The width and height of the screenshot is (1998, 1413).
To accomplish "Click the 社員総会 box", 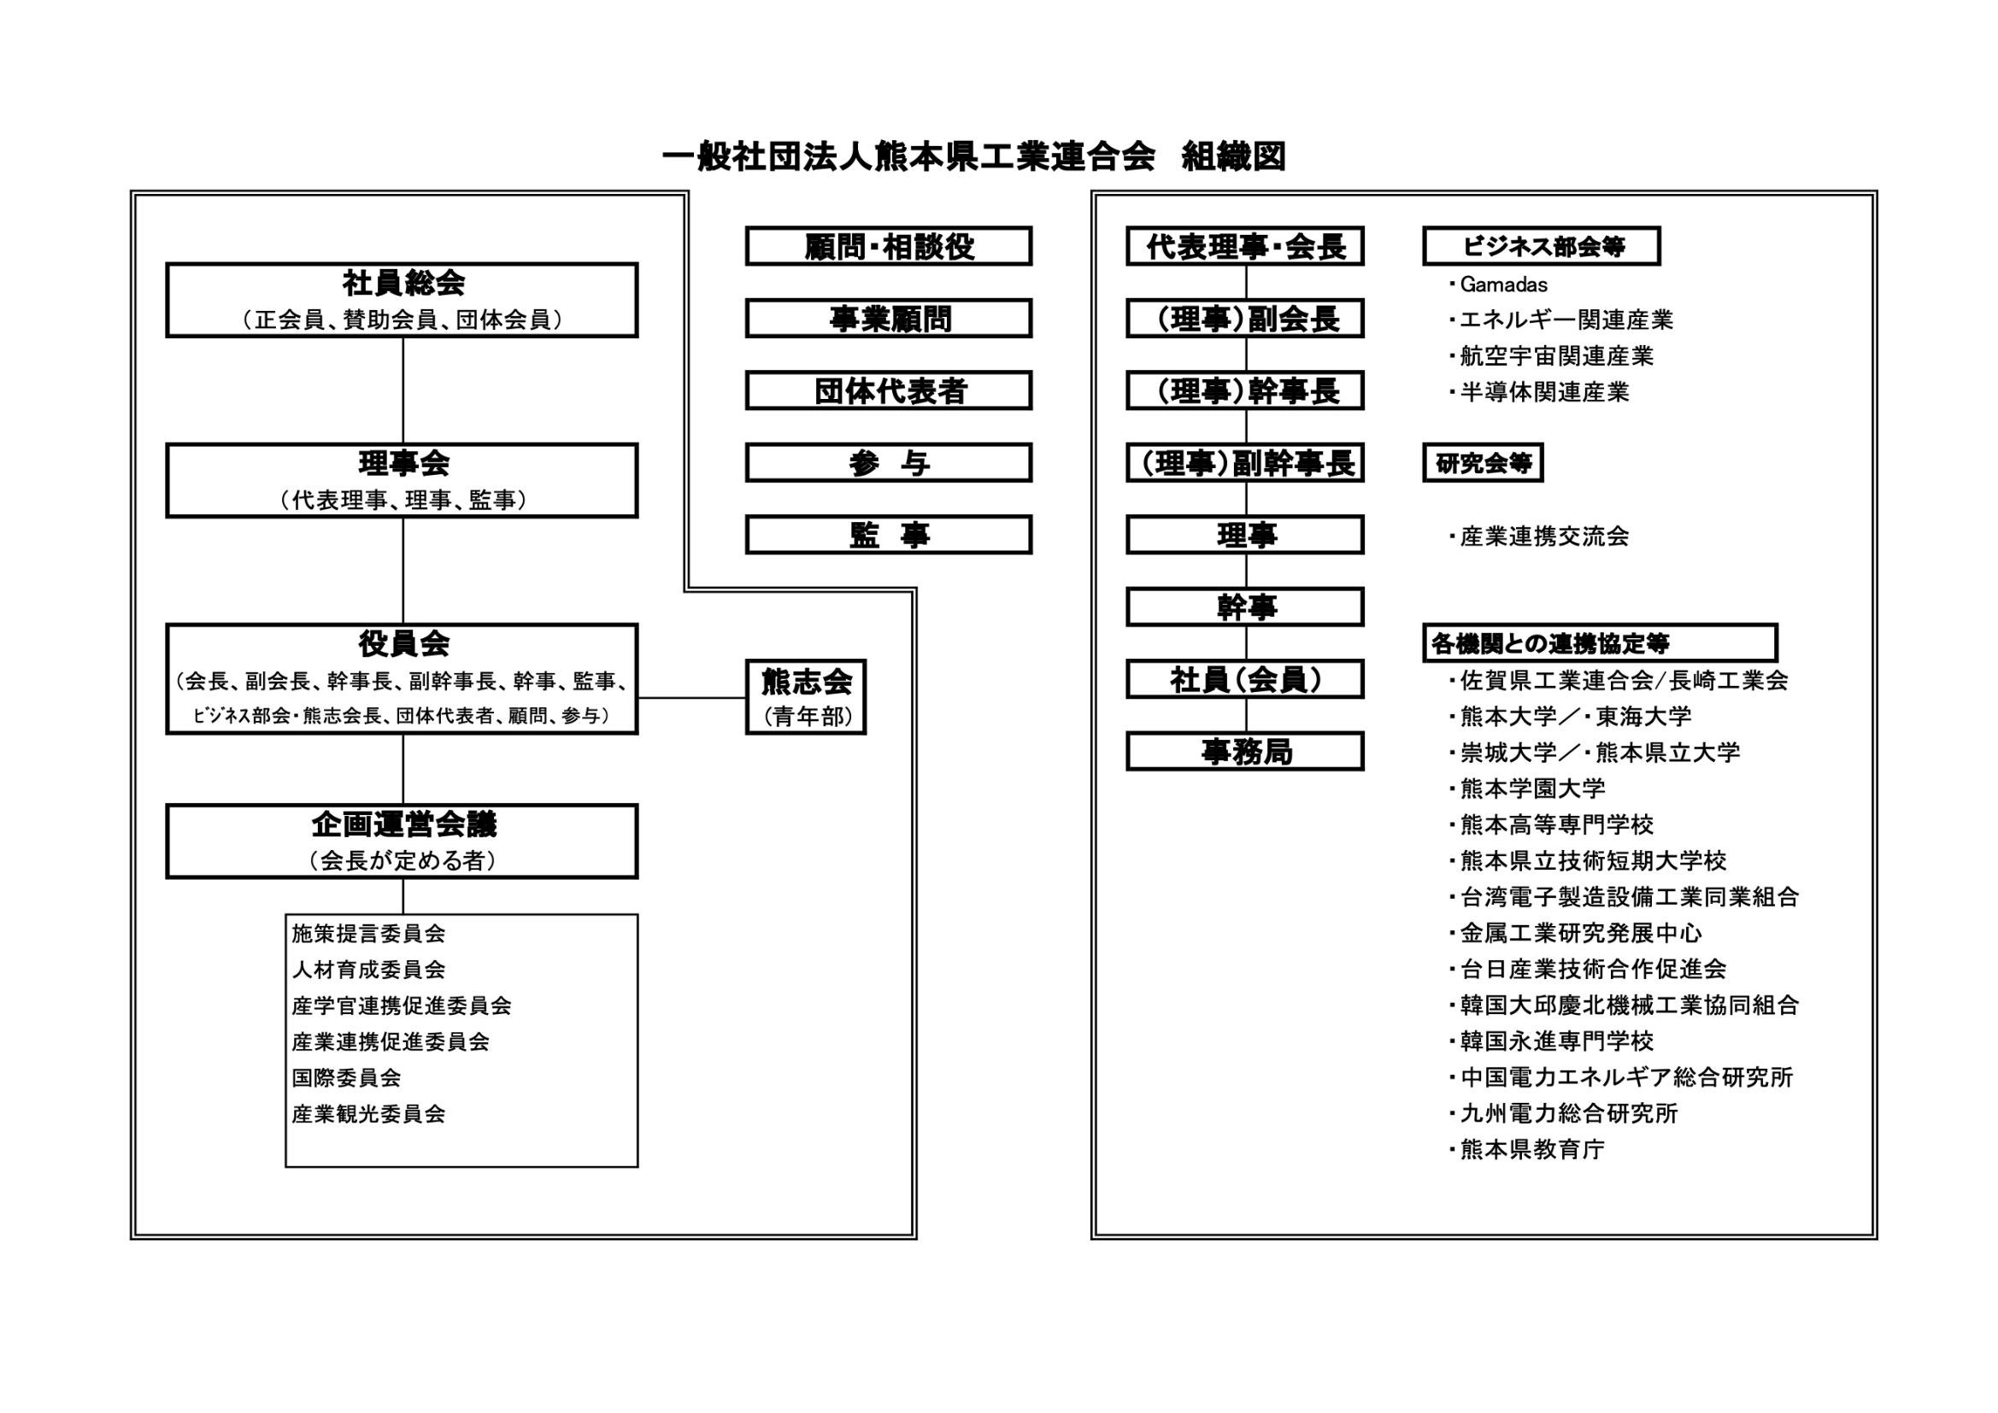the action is pos(402,300).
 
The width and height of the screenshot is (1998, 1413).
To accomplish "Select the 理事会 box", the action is pos(402,481).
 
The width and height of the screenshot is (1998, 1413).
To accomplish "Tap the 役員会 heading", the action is pos(403,644).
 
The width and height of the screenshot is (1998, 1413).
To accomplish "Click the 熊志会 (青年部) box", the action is pos(806,697).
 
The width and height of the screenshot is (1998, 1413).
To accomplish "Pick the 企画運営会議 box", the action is pos(402,841).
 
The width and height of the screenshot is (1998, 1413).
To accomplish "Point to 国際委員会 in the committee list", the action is pos(346,1078).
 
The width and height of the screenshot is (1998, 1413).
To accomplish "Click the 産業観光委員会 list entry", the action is pos(368,1114).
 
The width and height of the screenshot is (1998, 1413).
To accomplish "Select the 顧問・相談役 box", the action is pos(889,246).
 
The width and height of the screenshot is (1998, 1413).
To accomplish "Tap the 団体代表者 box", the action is pos(889,390).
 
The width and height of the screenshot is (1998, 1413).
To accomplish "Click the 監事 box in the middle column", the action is pos(889,535).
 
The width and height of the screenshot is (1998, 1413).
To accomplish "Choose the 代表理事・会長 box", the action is pos(1245,246).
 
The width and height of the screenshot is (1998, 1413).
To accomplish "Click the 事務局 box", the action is pos(1245,752).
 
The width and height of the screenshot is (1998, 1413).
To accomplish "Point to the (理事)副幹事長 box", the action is pos(1245,463).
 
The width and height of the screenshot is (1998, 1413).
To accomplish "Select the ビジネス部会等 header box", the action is pos(1542,246).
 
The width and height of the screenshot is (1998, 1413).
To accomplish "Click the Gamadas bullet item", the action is pos(1499,284).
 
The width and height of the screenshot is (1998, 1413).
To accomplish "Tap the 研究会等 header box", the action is pos(1483,463).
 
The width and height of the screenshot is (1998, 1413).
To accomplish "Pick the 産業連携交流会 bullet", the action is pos(1538,536).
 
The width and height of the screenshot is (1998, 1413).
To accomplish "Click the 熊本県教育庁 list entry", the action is pos(1526,1149).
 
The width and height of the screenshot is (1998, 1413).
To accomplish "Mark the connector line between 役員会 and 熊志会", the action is pos(692,697).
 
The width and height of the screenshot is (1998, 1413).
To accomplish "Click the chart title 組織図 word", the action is pos(1233,156).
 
